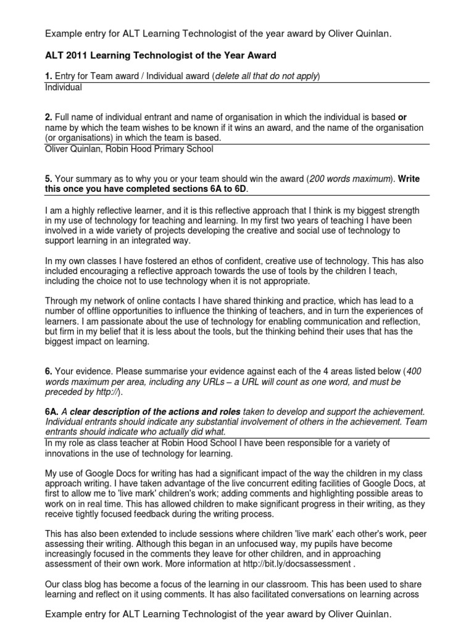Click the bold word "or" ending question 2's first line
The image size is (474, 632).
coord(402,117)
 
